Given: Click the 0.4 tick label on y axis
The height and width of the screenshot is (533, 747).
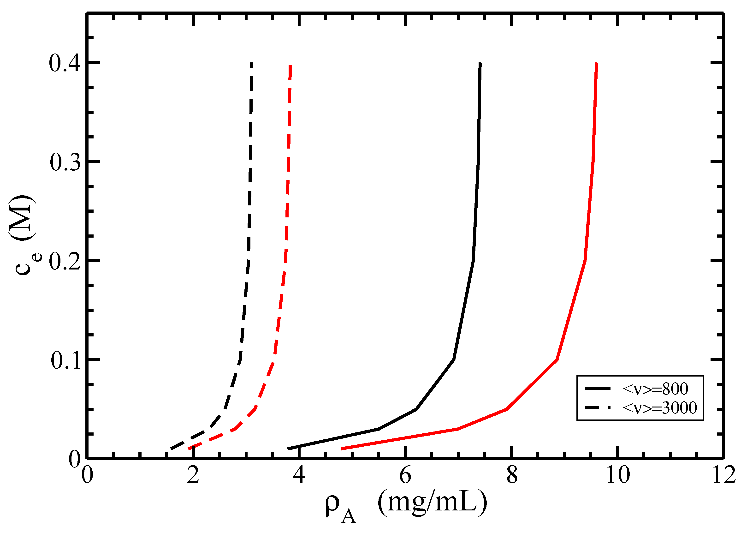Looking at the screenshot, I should tap(65, 63).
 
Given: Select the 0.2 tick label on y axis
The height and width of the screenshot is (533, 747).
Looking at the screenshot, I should tap(65, 262).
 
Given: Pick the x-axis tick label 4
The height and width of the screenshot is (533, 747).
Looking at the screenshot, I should tap(299, 475).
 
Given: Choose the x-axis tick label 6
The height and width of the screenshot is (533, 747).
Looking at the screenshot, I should tap(405, 475).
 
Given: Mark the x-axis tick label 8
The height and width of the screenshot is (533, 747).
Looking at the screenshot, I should tap(512, 475).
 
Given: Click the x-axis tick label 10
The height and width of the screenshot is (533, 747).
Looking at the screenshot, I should tap(618, 475).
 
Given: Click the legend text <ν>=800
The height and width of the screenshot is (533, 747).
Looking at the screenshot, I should tap(655, 389).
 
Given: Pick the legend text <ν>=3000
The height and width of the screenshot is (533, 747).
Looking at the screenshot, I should tap(660, 408).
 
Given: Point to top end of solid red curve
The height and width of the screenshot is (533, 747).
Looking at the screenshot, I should tap(596, 63).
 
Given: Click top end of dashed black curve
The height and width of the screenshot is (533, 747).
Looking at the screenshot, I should tap(251, 63).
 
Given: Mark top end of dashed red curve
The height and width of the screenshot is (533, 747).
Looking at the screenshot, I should tap(290, 66).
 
